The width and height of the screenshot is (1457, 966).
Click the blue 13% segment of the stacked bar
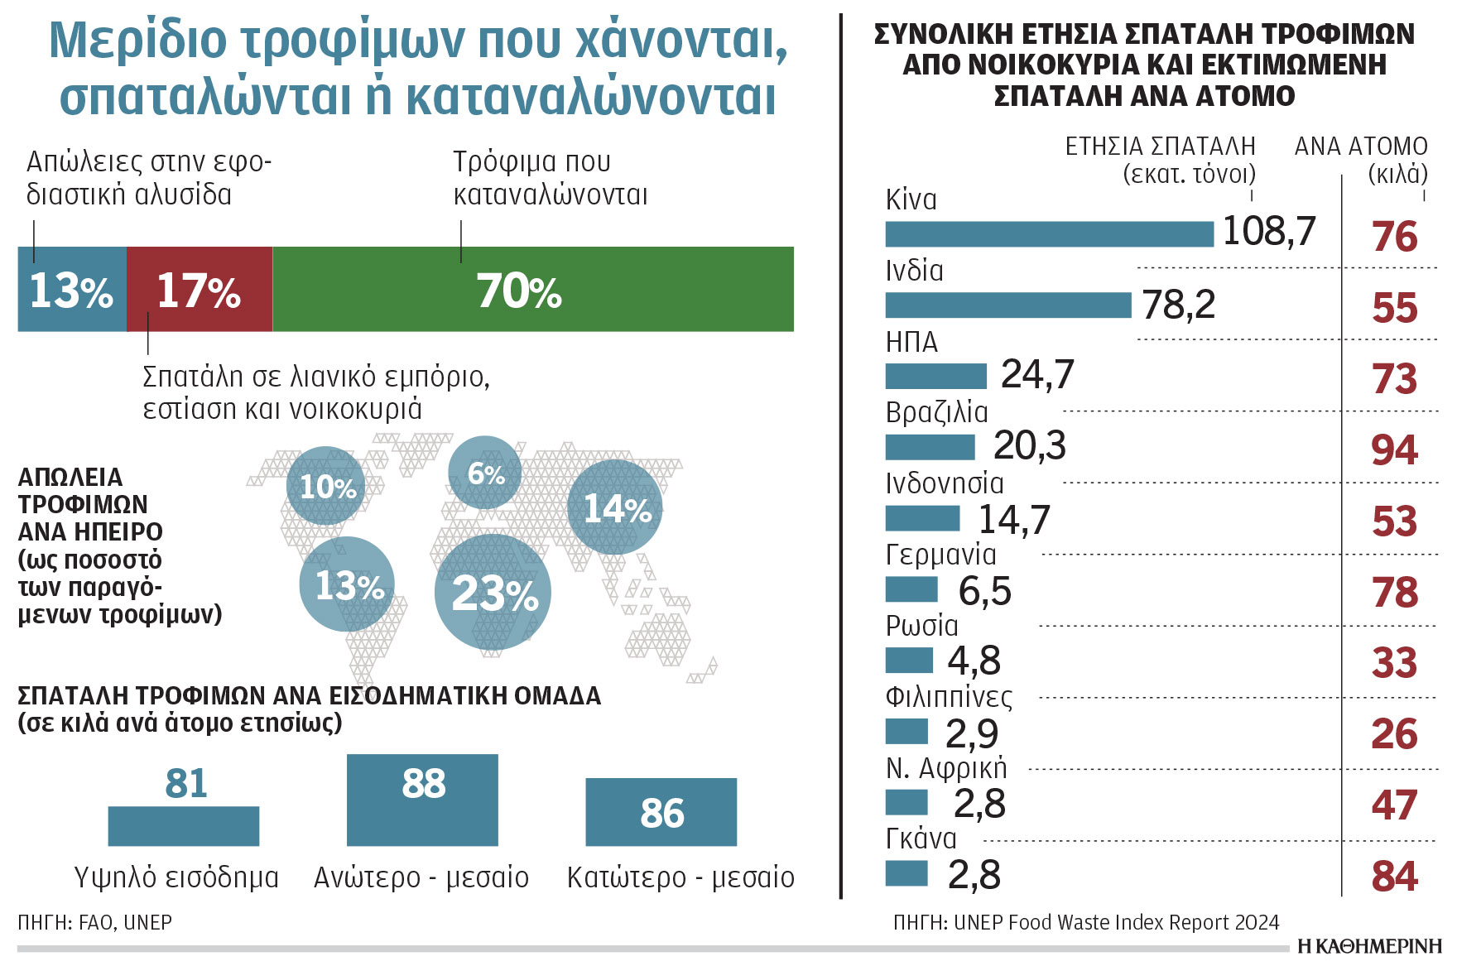[72, 290]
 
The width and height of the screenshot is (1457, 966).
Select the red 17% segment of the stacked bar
[200, 290]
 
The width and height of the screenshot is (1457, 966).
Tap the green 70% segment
[533, 290]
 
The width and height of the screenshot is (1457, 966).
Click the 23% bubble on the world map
[493, 593]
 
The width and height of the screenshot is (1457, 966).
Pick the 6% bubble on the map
[485, 473]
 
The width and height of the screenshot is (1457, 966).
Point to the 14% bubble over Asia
[615, 507]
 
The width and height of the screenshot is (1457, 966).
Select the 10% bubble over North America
[326, 486]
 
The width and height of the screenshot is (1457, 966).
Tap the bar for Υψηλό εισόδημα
[184, 826]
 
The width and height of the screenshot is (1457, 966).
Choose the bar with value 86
[661, 812]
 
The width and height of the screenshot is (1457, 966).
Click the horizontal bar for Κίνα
[1049, 234]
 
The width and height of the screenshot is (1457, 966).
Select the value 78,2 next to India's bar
[1178, 305]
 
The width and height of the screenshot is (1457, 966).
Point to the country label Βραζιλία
[936, 412]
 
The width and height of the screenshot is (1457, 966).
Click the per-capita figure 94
[1394, 450]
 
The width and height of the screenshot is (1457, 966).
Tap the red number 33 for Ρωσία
[1394, 663]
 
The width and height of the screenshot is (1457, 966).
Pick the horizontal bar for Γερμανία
[911, 589]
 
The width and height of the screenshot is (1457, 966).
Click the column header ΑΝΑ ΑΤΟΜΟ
[1360, 147]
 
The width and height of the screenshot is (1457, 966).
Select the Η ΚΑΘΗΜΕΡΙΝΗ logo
[1369, 946]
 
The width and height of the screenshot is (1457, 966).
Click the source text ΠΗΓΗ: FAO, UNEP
[94, 922]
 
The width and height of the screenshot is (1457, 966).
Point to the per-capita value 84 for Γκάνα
[1394, 876]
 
